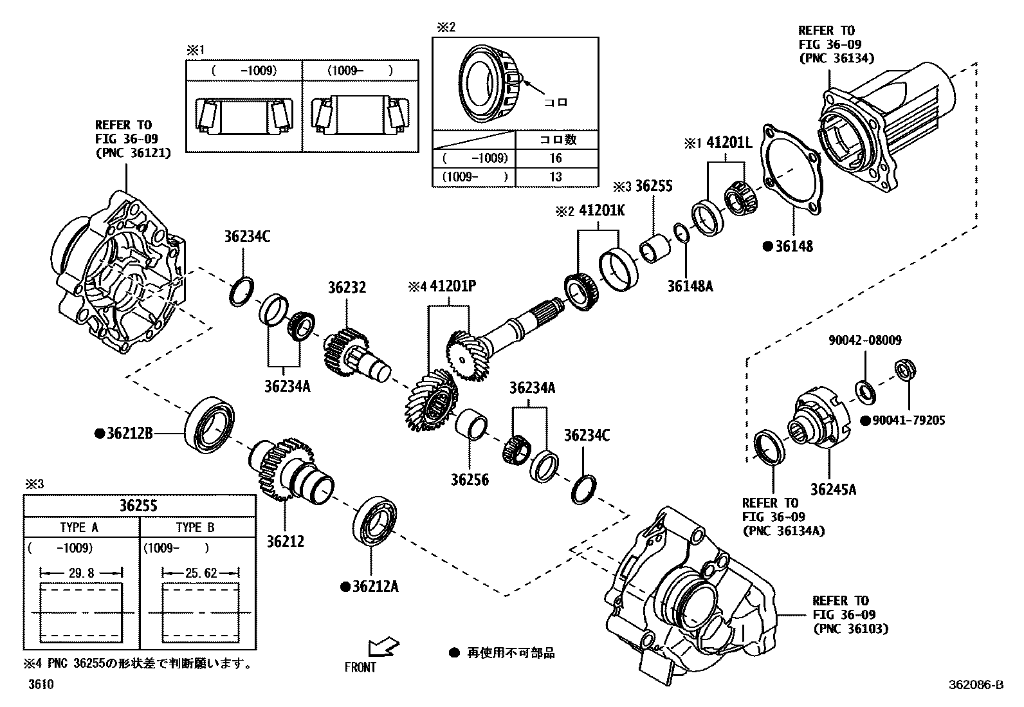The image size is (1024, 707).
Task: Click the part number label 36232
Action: coord(347,288)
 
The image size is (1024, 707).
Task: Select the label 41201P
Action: coord(453,286)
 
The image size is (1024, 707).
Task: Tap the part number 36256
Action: coord(469,480)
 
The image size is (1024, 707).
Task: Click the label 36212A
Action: coord(375,587)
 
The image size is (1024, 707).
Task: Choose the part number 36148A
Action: coord(690,286)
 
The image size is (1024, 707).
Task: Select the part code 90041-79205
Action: coord(909,421)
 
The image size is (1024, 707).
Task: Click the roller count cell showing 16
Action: coord(556,158)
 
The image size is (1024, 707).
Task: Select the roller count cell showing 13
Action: coord(556,176)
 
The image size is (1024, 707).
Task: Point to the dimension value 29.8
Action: coord(80,573)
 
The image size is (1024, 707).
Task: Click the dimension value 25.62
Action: coord(200,573)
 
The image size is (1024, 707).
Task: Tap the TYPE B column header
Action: coord(195,528)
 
